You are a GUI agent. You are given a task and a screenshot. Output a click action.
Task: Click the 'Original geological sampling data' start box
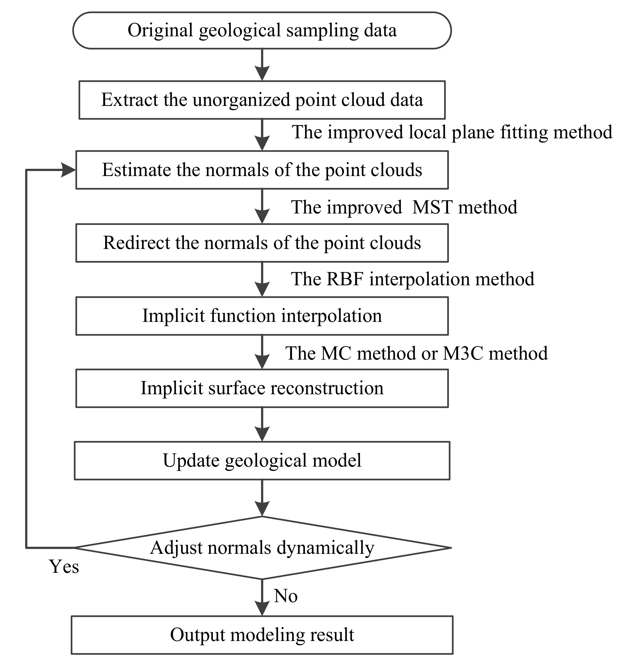coord(262,30)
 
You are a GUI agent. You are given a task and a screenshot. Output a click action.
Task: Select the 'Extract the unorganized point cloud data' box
coord(262,100)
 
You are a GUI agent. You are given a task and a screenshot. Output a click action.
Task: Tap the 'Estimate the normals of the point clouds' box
coord(262,170)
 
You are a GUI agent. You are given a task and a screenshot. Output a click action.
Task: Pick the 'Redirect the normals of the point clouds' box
coord(262,243)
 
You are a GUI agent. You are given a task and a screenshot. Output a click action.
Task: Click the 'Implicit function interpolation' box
coord(262,316)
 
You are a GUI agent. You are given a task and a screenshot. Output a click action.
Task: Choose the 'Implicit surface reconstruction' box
coord(262,388)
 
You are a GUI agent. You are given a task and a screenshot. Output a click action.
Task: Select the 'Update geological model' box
coord(262,461)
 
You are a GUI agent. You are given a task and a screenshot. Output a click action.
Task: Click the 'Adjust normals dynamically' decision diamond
coord(262,548)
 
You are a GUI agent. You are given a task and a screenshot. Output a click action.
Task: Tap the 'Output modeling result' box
coord(262,635)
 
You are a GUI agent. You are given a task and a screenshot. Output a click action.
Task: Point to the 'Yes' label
coord(64,567)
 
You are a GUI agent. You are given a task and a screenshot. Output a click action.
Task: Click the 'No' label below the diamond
coord(286,596)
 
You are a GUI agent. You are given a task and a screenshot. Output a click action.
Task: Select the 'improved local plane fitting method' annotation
coord(452,132)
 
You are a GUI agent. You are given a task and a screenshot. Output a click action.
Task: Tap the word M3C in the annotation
coord(463,353)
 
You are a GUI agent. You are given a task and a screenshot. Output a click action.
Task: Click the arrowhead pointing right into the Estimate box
coord(69,170)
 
